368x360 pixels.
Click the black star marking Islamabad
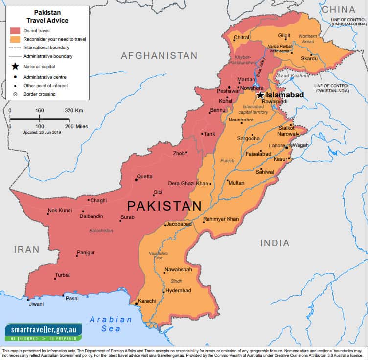260,95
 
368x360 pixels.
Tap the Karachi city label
146,301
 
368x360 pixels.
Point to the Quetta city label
144,176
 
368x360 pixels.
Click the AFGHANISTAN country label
159,56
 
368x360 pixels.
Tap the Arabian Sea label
111,324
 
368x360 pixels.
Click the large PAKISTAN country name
158,206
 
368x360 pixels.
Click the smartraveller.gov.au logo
43,332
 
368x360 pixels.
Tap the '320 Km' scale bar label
74,110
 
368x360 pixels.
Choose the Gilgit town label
284,36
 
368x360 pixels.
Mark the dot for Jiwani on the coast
28,299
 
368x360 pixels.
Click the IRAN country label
26,250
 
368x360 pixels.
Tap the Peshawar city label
229,91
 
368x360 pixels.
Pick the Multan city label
236,183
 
